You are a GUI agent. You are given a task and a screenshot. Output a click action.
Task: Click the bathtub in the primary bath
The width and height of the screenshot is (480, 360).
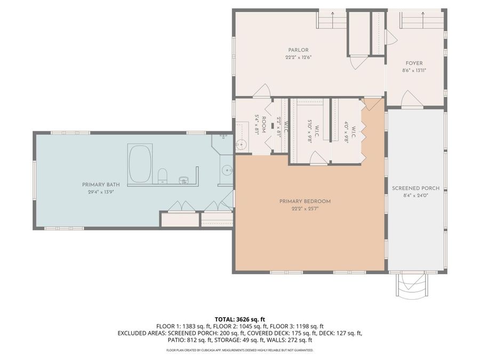pyautogui.click(x=140, y=163)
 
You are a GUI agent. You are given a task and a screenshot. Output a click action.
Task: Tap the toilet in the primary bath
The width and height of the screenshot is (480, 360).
pyautogui.click(x=163, y=175)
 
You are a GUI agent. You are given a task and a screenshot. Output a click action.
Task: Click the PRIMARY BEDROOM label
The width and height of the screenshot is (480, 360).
pyautogui.click(x=305, y=201)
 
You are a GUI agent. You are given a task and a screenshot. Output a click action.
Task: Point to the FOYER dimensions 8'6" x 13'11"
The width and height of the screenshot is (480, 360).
pyautogui.click(x=414, y=70)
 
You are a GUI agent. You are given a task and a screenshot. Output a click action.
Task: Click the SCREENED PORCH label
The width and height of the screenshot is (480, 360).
pyautogui.click(x=415, y=188)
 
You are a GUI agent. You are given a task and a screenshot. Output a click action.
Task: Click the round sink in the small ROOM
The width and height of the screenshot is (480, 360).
pyautogui.click(x=242, y=144)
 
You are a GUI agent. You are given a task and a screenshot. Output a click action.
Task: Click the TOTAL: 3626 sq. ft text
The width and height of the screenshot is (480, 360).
pyautogui.click(x=239, y=318)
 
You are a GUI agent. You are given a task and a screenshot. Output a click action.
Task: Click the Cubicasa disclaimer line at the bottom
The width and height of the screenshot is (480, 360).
pyautogui.click(x=239, y=350)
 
